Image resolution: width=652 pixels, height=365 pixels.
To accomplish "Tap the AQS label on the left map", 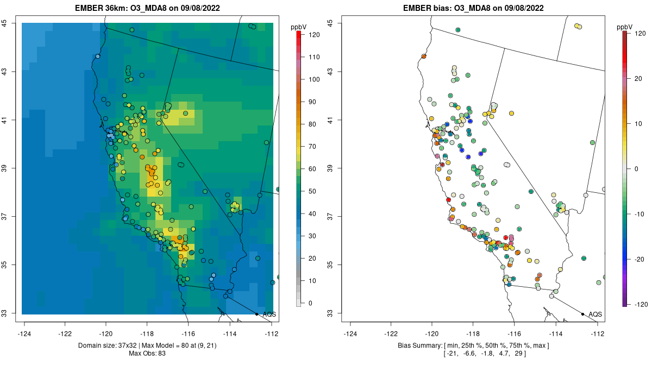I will pos(269,314).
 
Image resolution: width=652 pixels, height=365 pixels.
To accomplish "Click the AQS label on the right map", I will pos(595,314).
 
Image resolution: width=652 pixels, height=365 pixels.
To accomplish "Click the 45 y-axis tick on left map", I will pos(11,23).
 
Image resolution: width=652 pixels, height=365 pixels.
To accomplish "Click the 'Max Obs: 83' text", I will pos(147,354).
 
